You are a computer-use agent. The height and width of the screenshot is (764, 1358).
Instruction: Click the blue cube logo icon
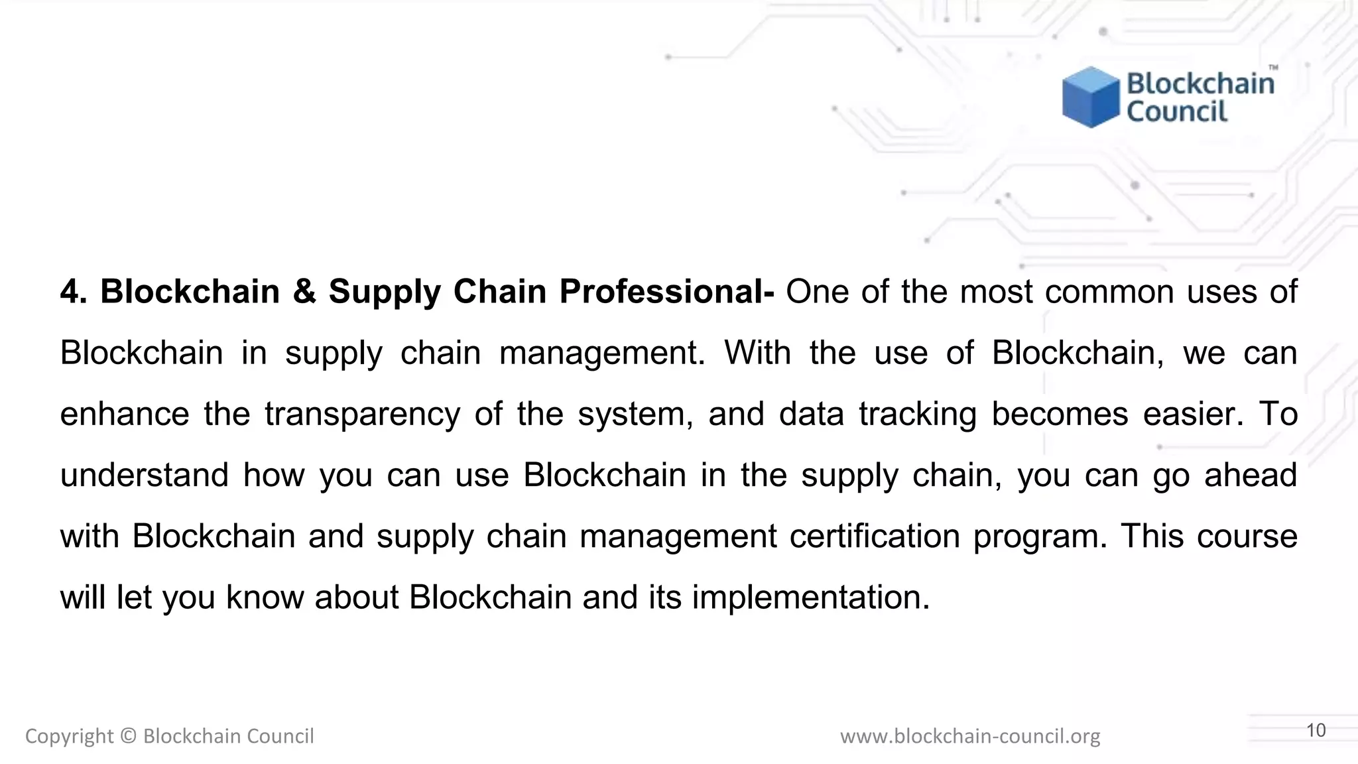(1090, 97)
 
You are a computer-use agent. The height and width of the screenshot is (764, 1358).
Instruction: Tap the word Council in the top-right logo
(1177, 111)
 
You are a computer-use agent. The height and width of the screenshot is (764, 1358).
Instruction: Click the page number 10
(1316, 730)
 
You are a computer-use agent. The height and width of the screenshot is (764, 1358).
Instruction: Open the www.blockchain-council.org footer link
(970, 736)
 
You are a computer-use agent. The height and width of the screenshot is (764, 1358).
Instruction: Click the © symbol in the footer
(129, 736)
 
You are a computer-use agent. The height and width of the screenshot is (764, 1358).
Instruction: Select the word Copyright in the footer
(70, 736)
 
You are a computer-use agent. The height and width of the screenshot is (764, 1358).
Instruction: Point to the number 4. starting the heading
(74, 292)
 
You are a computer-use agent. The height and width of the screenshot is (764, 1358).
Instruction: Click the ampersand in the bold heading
(304, 292)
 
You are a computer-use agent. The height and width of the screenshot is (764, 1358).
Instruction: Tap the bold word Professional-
(666, 292)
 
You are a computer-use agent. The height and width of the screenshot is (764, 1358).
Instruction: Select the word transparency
(362, 414)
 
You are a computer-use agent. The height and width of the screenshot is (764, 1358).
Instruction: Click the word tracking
(918, 414)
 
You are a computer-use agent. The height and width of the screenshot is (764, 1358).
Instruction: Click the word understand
(145, 476)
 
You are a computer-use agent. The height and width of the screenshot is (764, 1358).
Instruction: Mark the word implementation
(811, 598)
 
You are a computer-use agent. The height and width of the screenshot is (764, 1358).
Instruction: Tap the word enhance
(125, 414)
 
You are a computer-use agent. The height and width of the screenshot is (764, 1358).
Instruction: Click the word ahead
(1251, 476)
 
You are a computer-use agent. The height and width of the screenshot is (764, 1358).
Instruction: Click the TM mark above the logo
(1273, 67)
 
